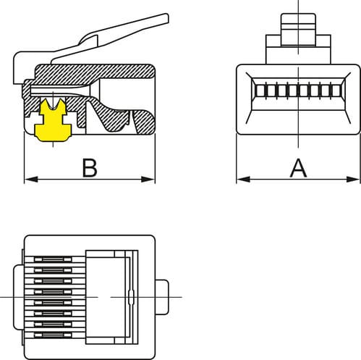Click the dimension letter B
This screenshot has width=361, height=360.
(90, 168)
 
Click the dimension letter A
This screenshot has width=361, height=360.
(298, 168)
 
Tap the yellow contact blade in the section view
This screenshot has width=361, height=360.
(53, 121)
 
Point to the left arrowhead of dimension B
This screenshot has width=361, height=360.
(31, 180)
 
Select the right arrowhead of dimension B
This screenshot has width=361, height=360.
(148, 180)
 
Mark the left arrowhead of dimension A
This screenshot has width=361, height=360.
(243, 180)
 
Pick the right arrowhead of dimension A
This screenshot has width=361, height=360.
(353, 180)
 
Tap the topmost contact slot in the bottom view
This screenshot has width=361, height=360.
(53, 259)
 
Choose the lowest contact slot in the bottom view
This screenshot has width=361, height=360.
(53, 335)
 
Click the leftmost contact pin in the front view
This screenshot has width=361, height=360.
(260, 91)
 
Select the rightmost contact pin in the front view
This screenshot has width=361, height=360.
(336, 91)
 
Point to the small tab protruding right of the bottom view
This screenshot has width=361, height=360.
(162, 297)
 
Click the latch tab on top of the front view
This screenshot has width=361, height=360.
(298, 30)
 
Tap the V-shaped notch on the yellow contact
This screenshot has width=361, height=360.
(54, 104)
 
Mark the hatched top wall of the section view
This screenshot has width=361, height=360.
(96, 71)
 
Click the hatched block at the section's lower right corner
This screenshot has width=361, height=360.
(144, 122)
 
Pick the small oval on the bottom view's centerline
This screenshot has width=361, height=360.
(131, 297)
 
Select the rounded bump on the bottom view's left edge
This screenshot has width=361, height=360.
(18, 297)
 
